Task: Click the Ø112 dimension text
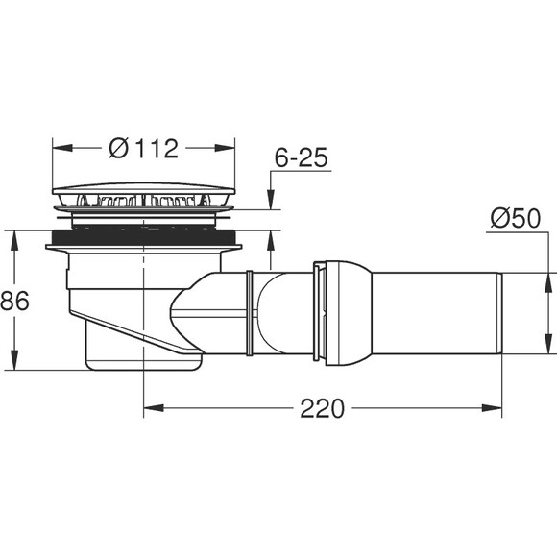144,149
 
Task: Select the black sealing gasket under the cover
144,235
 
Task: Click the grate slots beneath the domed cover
144,202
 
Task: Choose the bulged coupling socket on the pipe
341,313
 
